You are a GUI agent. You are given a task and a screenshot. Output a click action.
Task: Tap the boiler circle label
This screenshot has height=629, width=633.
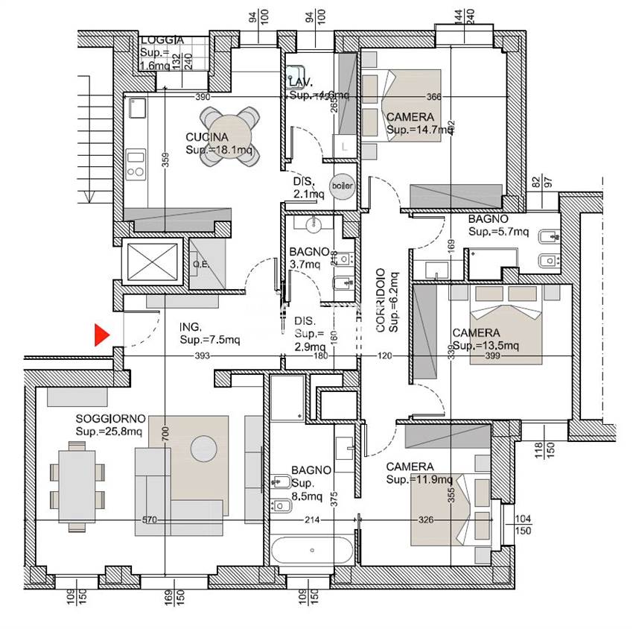[342, 186]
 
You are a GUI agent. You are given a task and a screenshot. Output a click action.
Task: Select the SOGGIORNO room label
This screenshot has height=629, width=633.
[109, 420]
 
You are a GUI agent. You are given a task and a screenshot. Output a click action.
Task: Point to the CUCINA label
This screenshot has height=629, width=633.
[207, 137]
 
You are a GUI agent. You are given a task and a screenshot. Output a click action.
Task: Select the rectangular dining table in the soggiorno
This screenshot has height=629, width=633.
[75, 485]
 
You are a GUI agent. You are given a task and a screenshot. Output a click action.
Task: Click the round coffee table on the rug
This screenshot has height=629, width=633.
[203, 448]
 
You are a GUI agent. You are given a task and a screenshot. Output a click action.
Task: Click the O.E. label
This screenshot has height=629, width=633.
[200, 262]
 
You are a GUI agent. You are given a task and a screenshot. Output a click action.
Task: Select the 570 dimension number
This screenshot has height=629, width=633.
[150, 520]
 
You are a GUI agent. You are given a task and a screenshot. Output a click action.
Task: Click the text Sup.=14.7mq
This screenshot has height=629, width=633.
[419, 129]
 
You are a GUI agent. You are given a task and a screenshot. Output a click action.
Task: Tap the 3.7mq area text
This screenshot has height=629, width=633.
[305, 264]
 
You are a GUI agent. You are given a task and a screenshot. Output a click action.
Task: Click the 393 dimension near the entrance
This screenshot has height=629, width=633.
[201, 355]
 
